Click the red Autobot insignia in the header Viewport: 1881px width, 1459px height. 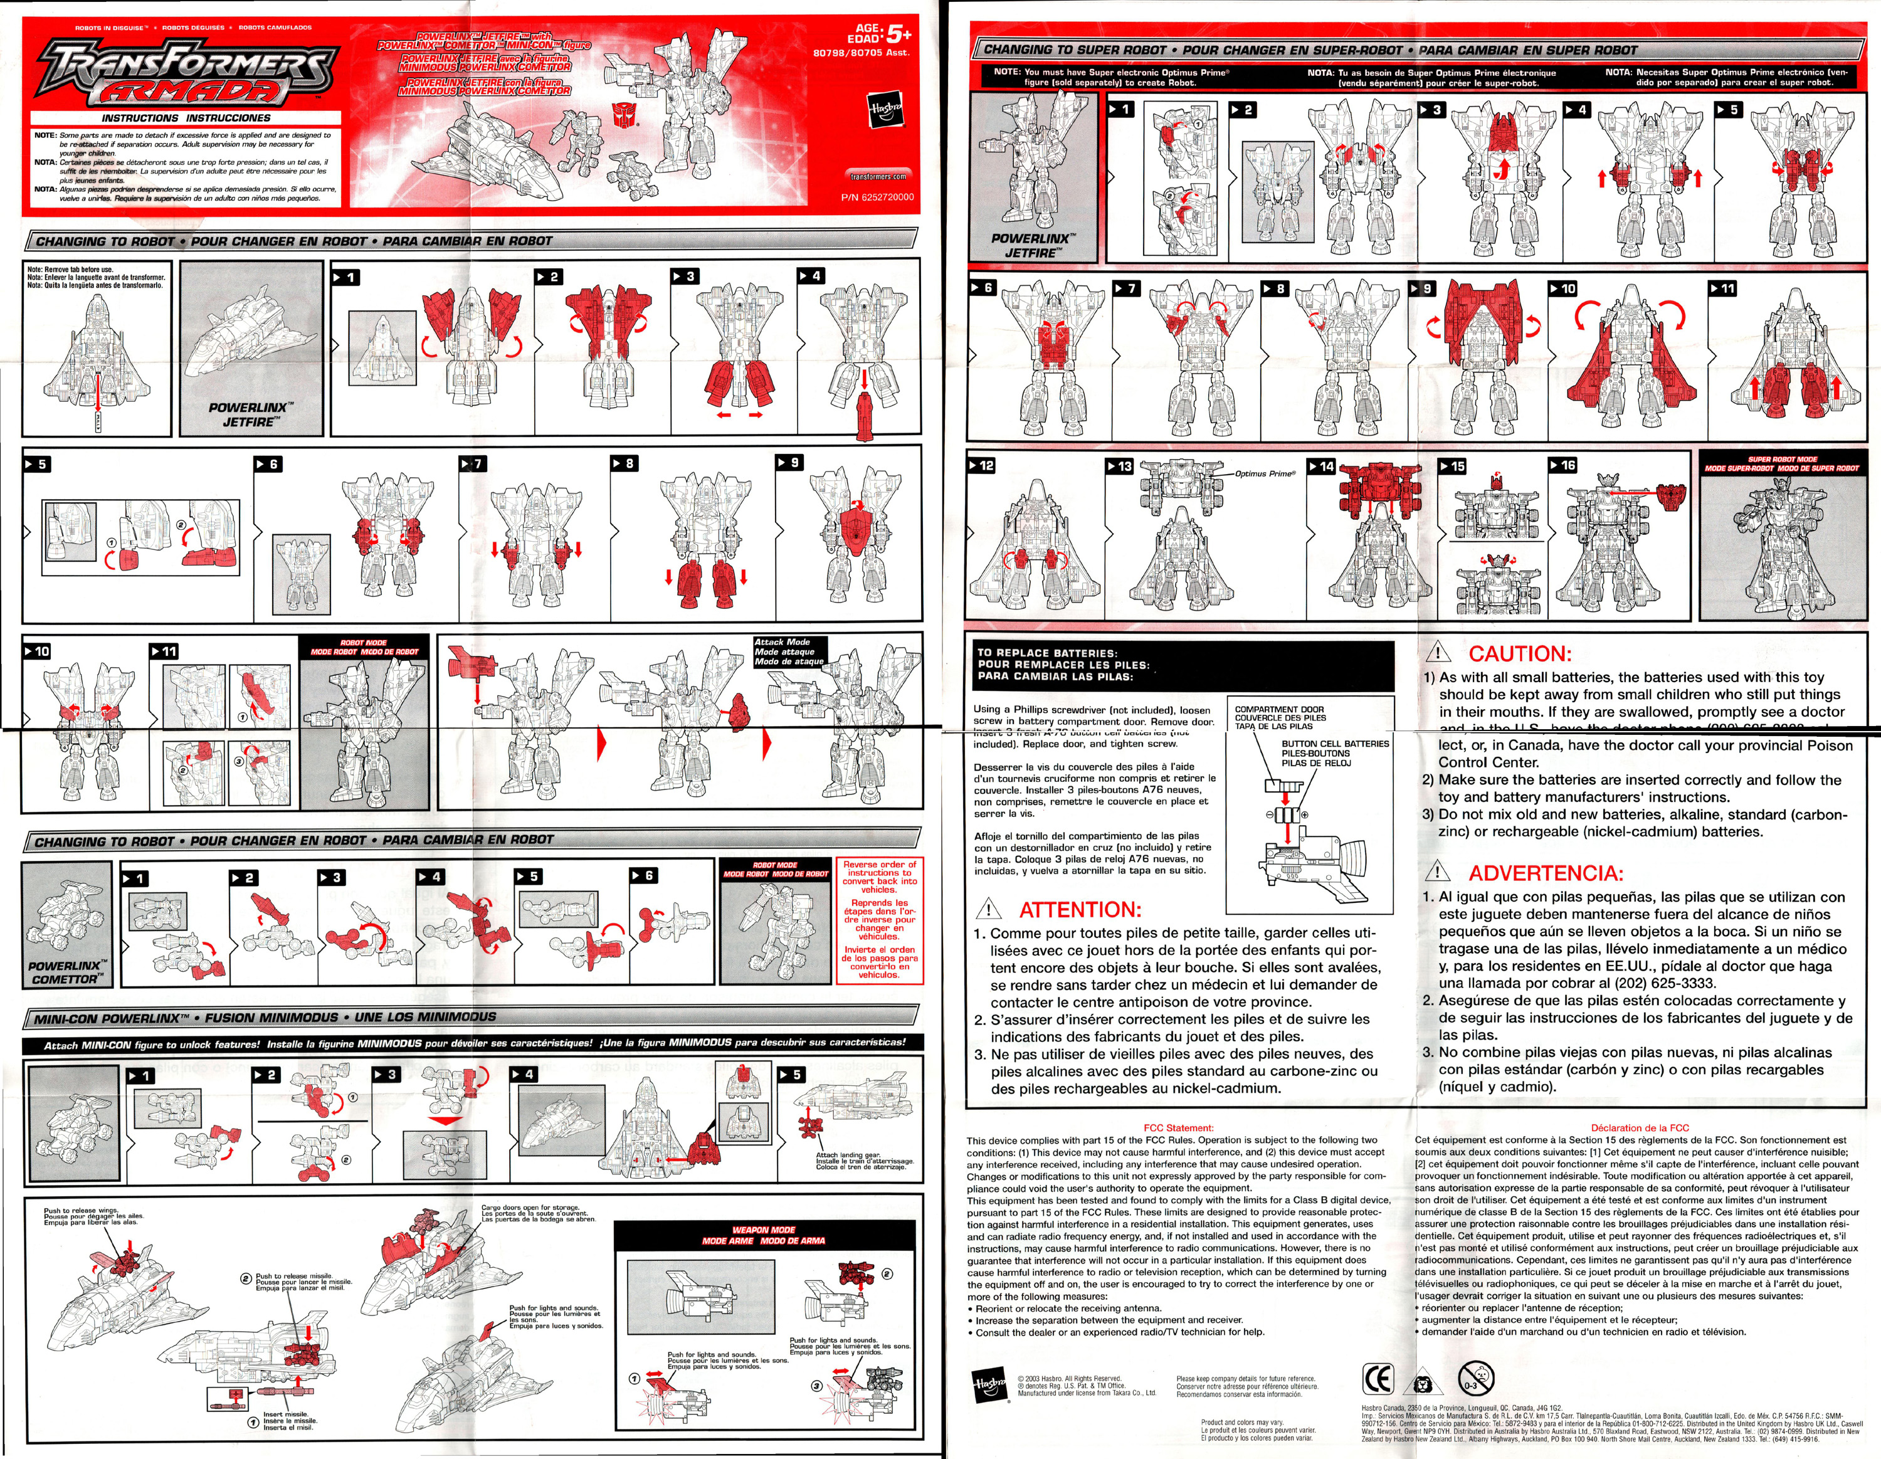[624, 113]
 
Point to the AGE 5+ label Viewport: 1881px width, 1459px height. [878, 34]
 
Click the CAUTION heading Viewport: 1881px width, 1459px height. [1519, 653]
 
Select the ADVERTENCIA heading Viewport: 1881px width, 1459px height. [1544, 873]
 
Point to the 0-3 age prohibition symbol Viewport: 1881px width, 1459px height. [1475, 1379]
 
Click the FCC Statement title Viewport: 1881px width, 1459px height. [1178, 1127]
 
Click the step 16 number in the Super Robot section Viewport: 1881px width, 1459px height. [1562, 465]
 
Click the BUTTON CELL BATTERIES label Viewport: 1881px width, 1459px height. [1334, 753]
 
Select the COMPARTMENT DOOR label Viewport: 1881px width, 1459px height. [1280, 717]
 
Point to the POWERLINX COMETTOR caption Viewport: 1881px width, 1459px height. [67, 972]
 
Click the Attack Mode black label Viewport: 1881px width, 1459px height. [789, 651]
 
